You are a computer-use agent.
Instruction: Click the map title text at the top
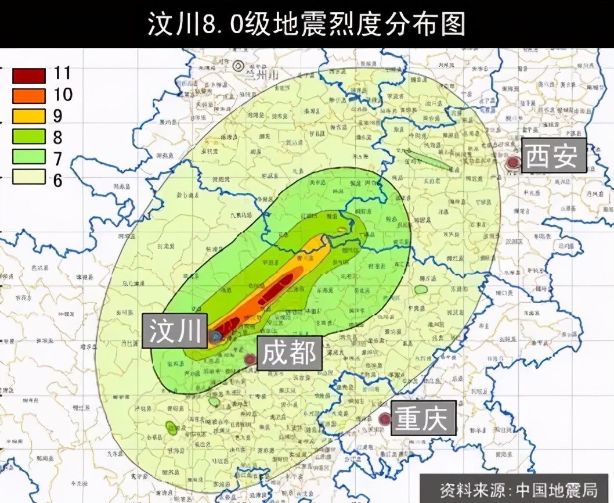point(306,24)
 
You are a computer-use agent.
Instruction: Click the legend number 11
point(62,73)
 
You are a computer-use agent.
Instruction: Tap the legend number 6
point(57,179)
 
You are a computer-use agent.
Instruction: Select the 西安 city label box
point(552,156)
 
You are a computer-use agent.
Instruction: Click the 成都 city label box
point(289,353)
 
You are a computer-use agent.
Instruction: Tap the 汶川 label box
point(174,332)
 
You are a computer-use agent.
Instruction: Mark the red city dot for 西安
point(512,163)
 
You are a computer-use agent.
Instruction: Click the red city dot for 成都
point(250,360)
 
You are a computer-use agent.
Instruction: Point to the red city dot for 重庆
point(384,418)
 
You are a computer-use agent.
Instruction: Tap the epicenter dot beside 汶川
point(216,336)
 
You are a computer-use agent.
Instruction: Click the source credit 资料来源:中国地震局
point(516,488)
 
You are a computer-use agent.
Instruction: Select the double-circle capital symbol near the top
point(239,66)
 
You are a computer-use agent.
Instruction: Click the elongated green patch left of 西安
point(429,159)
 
